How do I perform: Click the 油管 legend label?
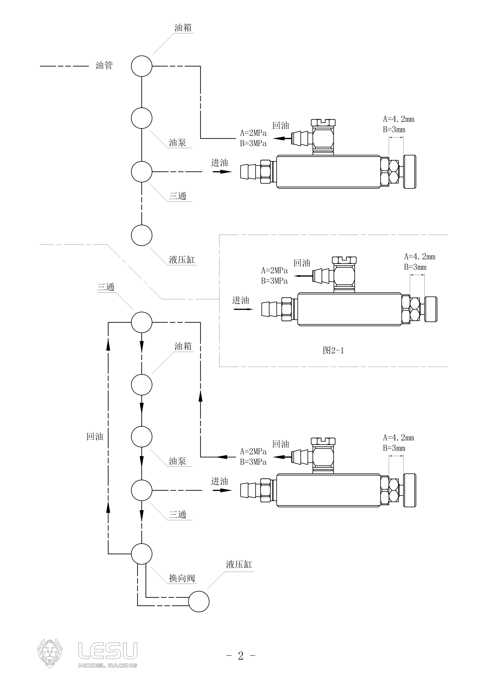[104, 65]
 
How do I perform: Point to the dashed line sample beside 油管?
[64, 66]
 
